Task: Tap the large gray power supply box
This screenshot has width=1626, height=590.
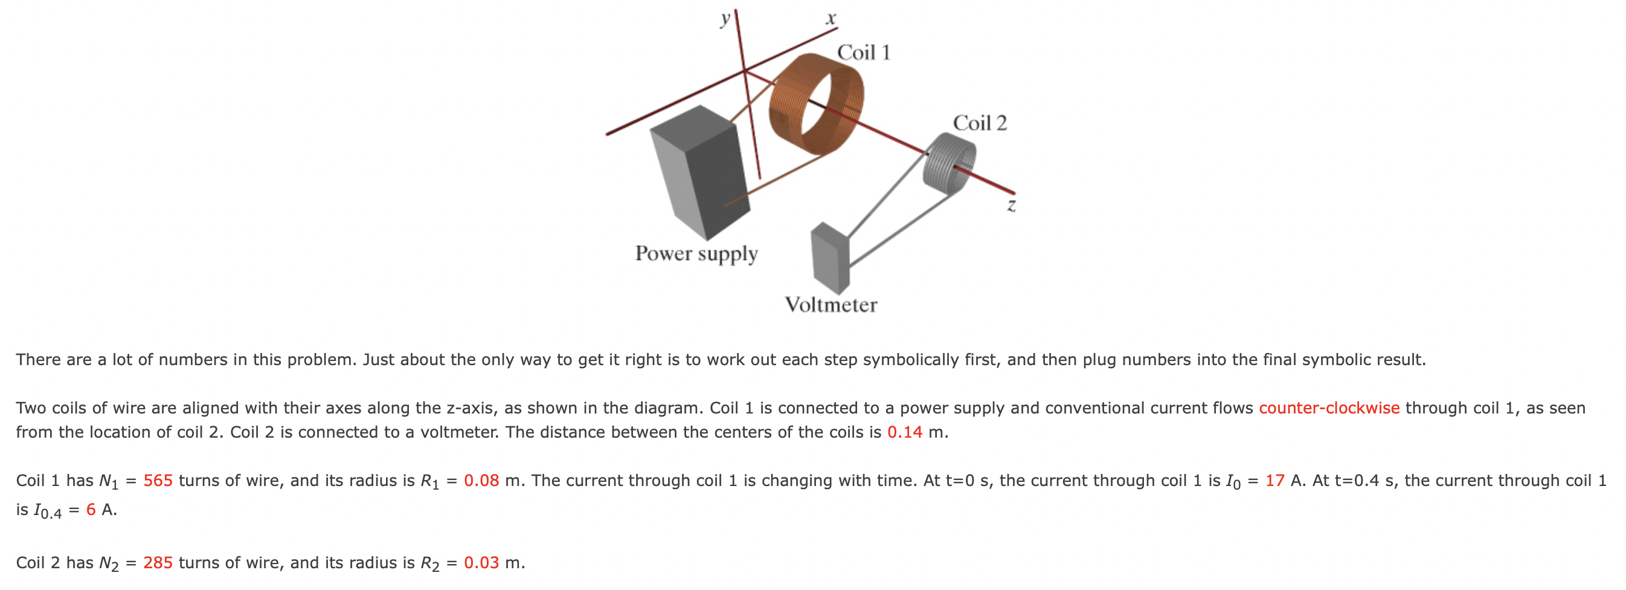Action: click(701, 170)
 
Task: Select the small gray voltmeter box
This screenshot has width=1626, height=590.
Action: click(828, 259)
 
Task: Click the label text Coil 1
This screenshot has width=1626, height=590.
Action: click(863, 53)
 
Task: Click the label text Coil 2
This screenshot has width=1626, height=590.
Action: click(979, 123)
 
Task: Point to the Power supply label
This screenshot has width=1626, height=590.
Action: click(696, 254)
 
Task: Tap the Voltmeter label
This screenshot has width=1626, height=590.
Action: click(830, 305)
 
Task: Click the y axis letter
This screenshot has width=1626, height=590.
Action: click(725, 19)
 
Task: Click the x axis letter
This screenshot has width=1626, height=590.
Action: click(831, 19)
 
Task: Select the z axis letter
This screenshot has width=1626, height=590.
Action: click(1011, 206)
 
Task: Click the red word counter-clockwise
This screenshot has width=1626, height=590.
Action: click(1329, 408)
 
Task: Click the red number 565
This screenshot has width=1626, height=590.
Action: click(158, 481)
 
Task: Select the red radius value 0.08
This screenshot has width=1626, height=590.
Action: click(481, 481)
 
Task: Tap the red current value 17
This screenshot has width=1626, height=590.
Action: click(1274, 481)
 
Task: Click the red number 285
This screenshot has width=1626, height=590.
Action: click(158, 563)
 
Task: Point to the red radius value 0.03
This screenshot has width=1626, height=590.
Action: click(481, 563)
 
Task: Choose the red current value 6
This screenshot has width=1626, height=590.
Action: click(91, 510)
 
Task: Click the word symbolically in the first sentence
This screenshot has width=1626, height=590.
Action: click(911, 360)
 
